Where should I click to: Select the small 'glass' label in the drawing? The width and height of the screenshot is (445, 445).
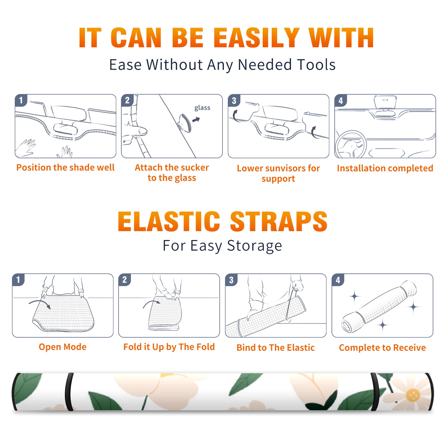tap(202, 108)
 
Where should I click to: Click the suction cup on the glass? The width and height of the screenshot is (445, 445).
tap(185, 123)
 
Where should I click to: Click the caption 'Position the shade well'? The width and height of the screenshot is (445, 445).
tap(65, 167)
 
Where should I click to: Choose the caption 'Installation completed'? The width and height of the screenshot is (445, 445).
tap(385, 168)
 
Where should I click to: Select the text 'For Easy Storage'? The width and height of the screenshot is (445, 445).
tap(222, 246)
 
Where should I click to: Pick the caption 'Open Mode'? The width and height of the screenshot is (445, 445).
tap(63, 347)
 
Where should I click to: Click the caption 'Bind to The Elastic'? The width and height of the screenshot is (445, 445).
tap(276, 347)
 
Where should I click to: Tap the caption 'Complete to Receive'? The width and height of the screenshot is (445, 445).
tap(382, 348)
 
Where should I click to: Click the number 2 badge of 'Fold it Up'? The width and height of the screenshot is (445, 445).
tap(124, 280)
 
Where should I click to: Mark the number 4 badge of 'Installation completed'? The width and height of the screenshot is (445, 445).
tap(341, 100)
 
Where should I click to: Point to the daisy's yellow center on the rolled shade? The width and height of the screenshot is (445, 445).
tap(413, 395)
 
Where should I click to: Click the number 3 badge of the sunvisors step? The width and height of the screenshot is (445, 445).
tap(234, 100)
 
